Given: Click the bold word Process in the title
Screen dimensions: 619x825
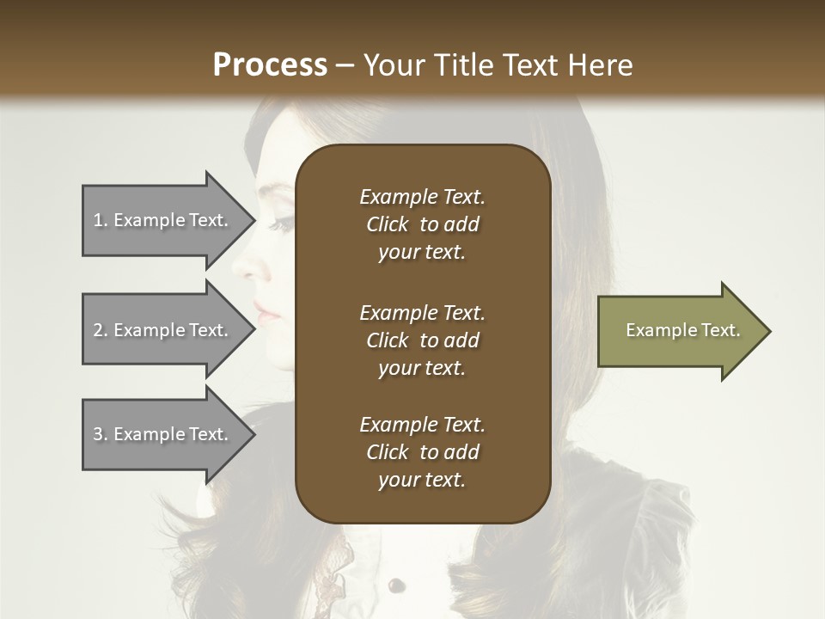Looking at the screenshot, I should tap(270, 65).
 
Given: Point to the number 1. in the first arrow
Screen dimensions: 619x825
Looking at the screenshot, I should tap(101, 220).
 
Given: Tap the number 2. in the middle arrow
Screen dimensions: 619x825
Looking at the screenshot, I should tap(101, 330).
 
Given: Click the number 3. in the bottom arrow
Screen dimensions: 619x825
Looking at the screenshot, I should tap(101, 434).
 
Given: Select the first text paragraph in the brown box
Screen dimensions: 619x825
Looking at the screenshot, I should tap(422, 224).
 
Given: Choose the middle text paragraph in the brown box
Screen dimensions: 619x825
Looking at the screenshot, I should tap(422, 340).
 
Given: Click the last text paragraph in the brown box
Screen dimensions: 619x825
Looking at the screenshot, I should tap(422, 452).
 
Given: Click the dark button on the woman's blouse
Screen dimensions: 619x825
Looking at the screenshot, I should tap(395, 586).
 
